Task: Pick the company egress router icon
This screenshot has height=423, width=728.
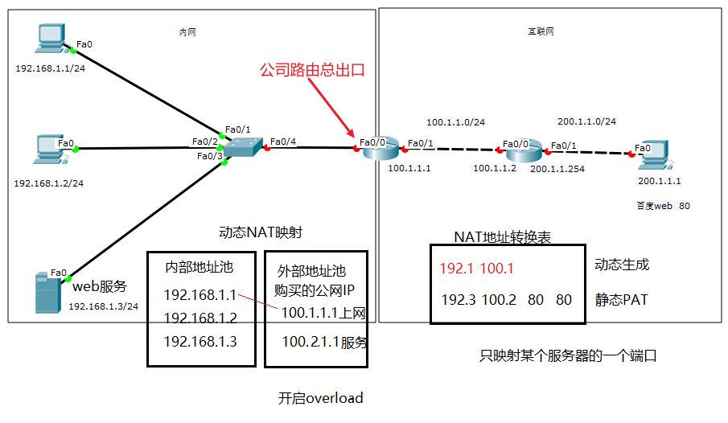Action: pyautogui.click(x=376, y=148)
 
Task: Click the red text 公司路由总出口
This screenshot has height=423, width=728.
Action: pyautogui.click(x=311, y=70)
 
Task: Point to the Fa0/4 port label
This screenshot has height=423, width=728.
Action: pyautogui.click(x=283, y=142)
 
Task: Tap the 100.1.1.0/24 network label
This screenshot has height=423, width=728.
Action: pyautogui.click(x=455, y=122)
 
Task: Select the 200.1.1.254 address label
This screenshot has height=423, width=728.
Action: pyautogui.click(x=557, y=169)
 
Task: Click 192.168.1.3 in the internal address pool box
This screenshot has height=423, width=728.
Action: pyautogui.click(x=200, y=341)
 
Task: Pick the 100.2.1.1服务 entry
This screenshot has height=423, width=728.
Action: pyautogui.click(x=324, y=342)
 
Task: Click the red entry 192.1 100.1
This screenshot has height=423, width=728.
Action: pyautogui.click(x=476, y=269)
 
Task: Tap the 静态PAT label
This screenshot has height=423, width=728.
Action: pyautogui.click(x=621, y=300)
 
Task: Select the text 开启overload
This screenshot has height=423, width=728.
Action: pyautogui.click(x=321, y=397)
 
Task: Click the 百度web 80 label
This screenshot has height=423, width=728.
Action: pyautogui.click(x=663, y=206)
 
